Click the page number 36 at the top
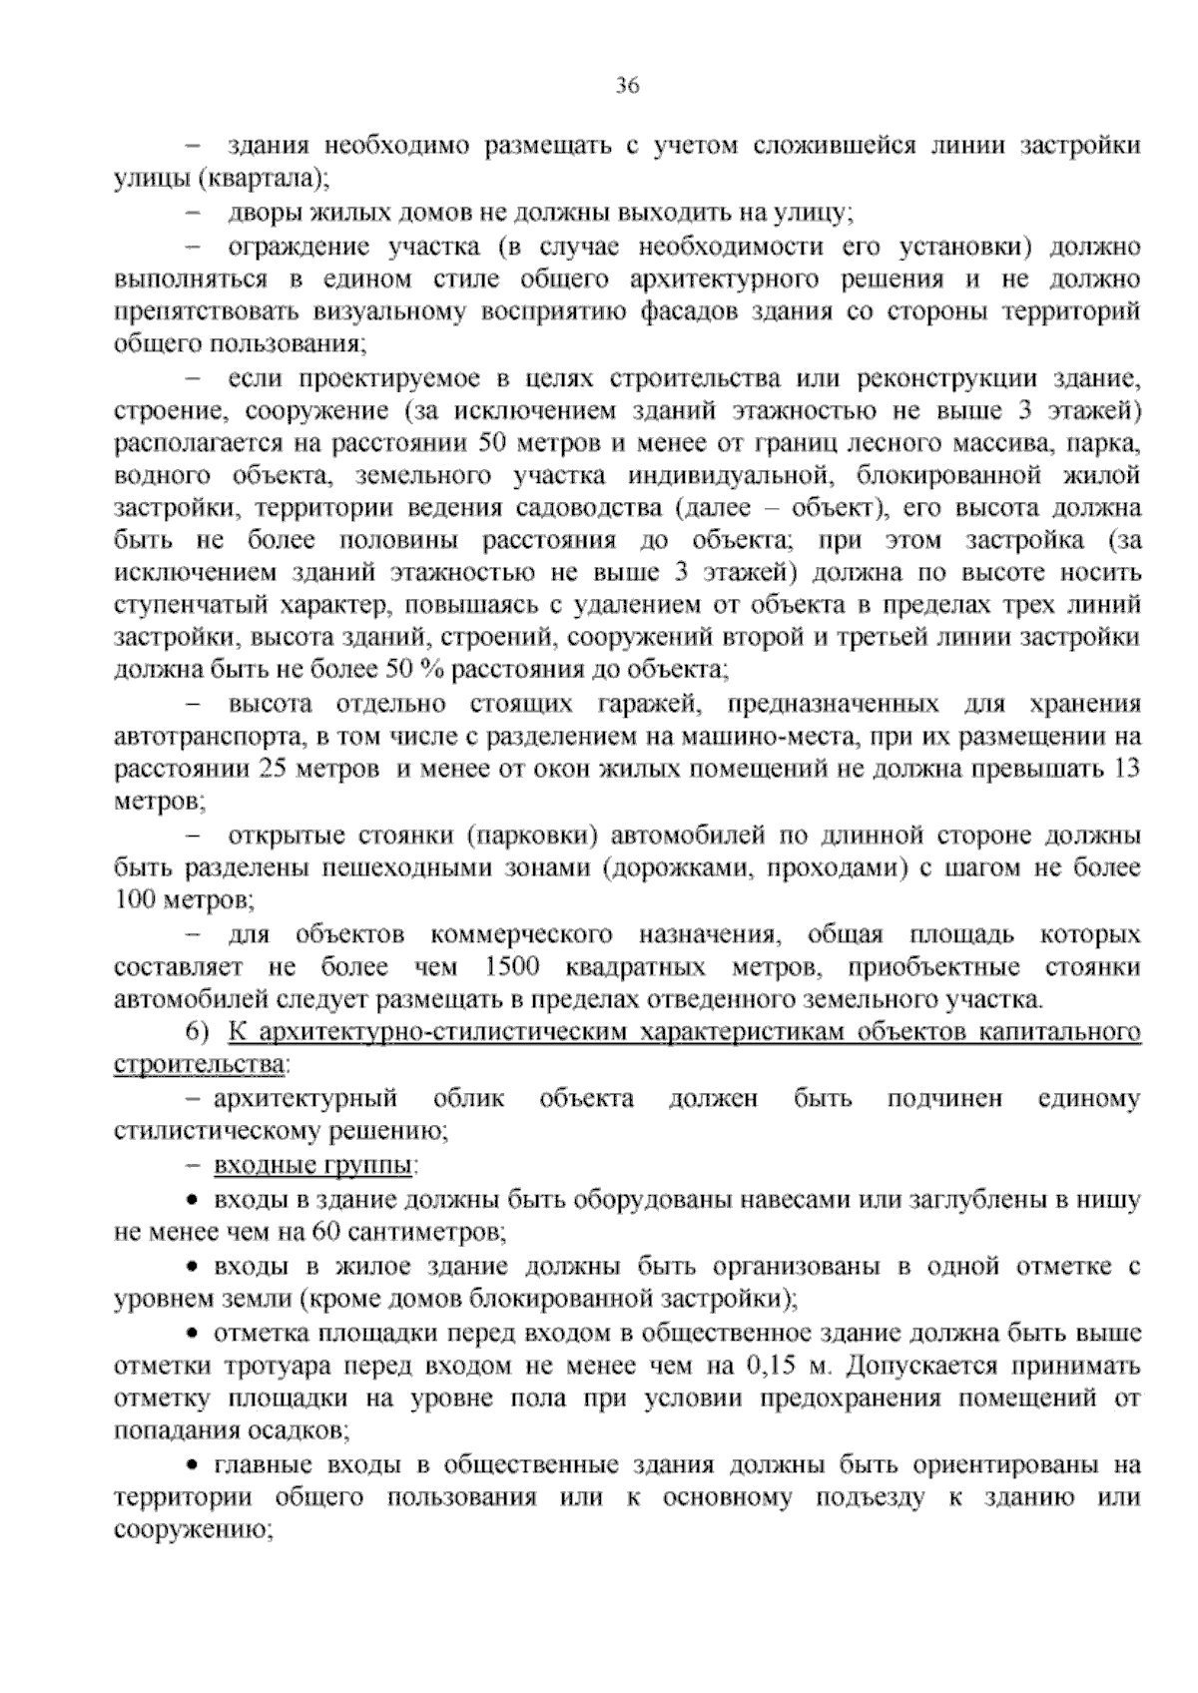click(627, 85)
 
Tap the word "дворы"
click(263, 213)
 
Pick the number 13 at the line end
click(1125, 770)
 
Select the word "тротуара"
click(266, 1365)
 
